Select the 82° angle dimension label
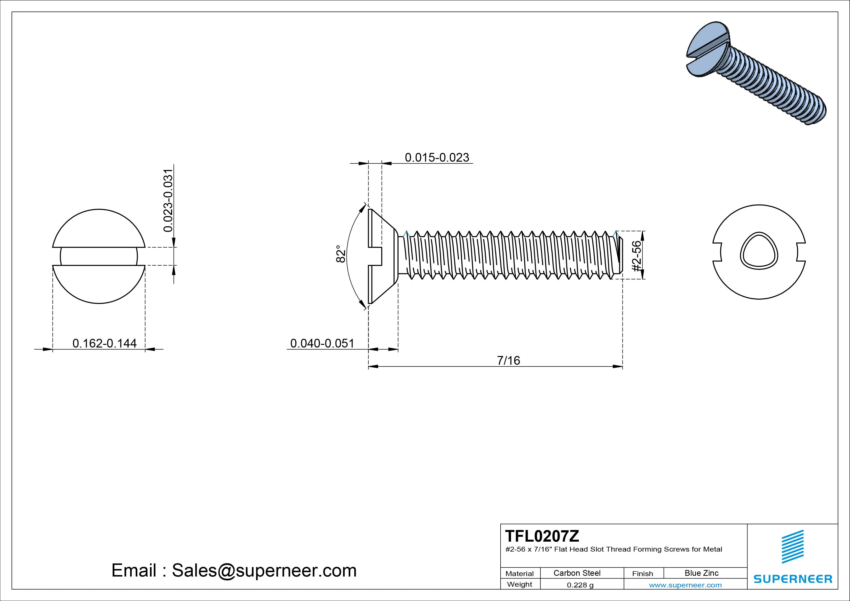pos(341,254)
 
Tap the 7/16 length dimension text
pos(508,360)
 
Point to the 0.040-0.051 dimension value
pos(322,343)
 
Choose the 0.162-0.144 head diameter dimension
pos(104,343)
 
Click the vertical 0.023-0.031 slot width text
pos(168,200)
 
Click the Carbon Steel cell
pos(577,573)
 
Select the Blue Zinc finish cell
pos(701,573)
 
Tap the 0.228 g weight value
pos(580,585)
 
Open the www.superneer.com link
pos(685,585)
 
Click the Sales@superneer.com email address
pos(264,570)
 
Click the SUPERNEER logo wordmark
pos(793,579)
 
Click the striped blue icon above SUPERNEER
pos(793,546)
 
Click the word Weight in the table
pos(519,584)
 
